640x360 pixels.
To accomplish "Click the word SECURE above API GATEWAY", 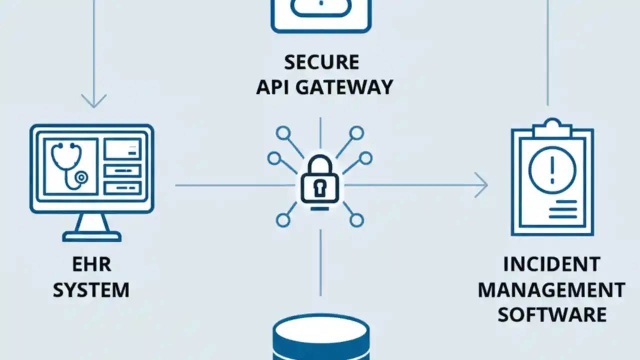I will [x=321, y=62].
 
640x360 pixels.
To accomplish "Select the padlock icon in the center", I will [x=320, y=180].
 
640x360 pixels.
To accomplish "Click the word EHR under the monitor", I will [x=90, y=265].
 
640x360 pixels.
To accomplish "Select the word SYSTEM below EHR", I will [x=91, y=290].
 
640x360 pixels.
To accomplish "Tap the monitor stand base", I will [x=91, y=235].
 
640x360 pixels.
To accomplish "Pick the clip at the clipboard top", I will [x=552, y=128].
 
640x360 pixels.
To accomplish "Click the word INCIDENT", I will [x=551, y=264].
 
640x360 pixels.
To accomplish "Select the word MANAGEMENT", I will [x=551, y=290].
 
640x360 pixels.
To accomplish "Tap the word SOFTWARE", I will [x=552, y=315].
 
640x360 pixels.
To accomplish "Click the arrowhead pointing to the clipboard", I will [x=481, y=185].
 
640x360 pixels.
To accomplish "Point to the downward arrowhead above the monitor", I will [x=93, y=101].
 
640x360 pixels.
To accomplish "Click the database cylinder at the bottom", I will [x=321, y=338].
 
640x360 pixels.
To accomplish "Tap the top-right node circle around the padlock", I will [x=356, y=132].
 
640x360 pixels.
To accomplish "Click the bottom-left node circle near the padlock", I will [x=283, y=220].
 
